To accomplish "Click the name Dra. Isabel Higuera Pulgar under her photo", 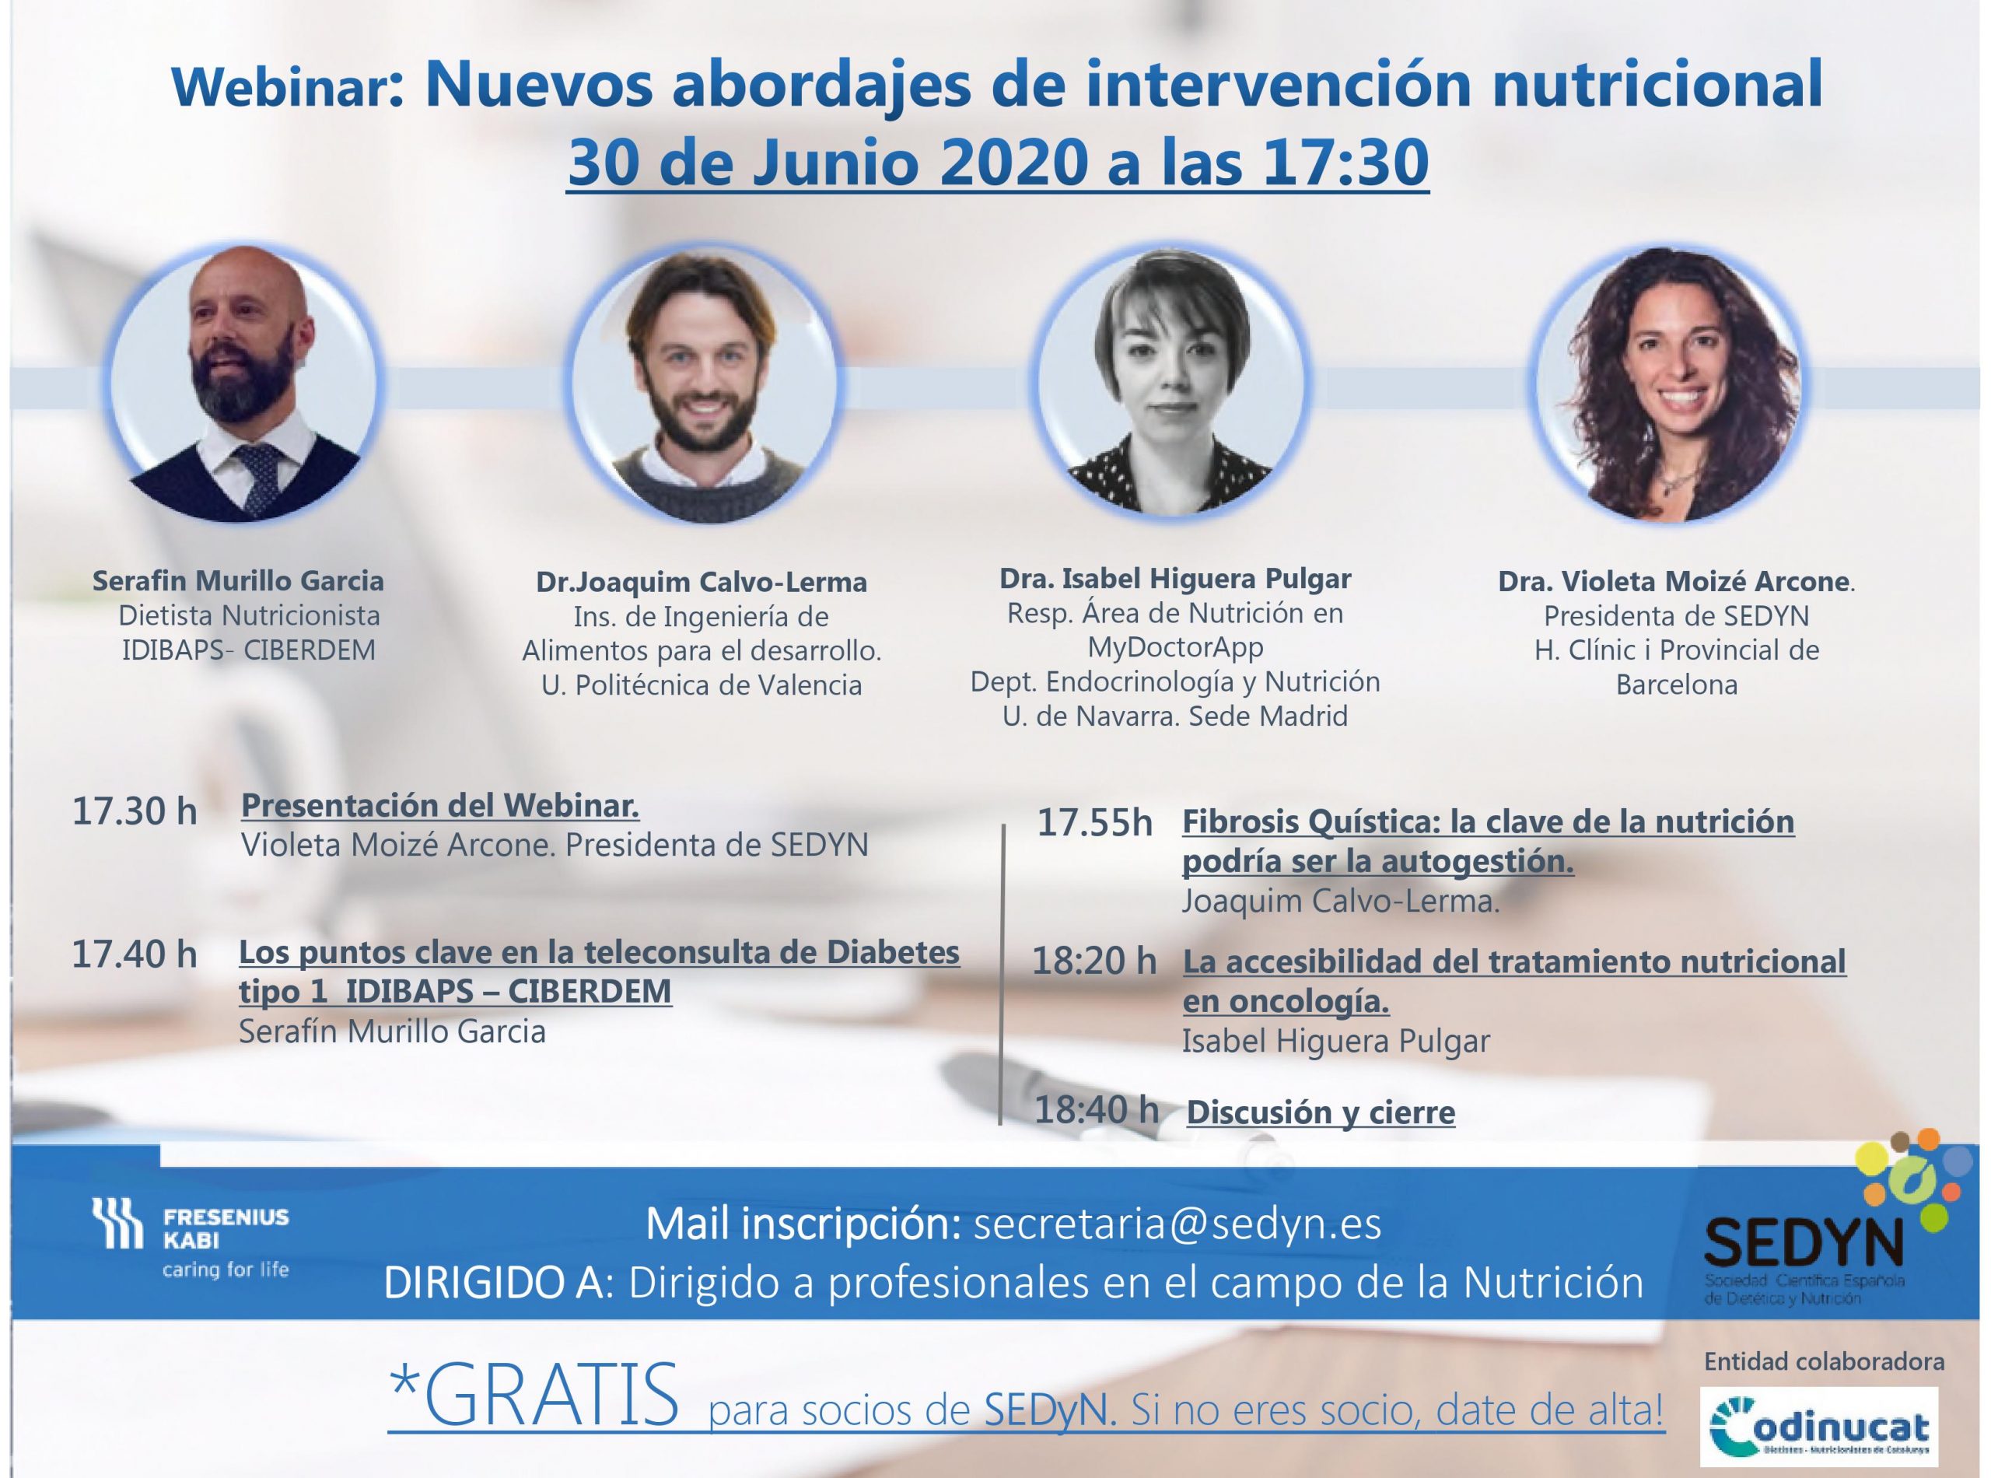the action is pyautogui.click(x=1175, y=579).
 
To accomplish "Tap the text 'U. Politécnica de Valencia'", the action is pyautogui.click(x=702, y=685).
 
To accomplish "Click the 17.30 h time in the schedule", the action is pyautogui.click(x=135, y=811).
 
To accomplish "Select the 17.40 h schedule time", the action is pyautogui.click(x=135, y=954).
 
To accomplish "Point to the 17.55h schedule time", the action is pyautogui.click(x=1095, y=823).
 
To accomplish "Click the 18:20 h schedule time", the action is pyautogui.click(x=1094, y=961).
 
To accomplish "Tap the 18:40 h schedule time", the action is pyautogui.click(x=1097, y=1110).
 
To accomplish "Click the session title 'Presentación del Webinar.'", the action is pyautogui.click(x=440, y=806).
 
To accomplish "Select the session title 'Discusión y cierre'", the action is pyautogui.click(x=1320, y=1113).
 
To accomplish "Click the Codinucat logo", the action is pyautogui.click(x=1818, y=1427).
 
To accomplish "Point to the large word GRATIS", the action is pyautogui.click(x=533, y=1396).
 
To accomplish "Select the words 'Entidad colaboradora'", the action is pyautogui.click(x=1824, y=1361).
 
